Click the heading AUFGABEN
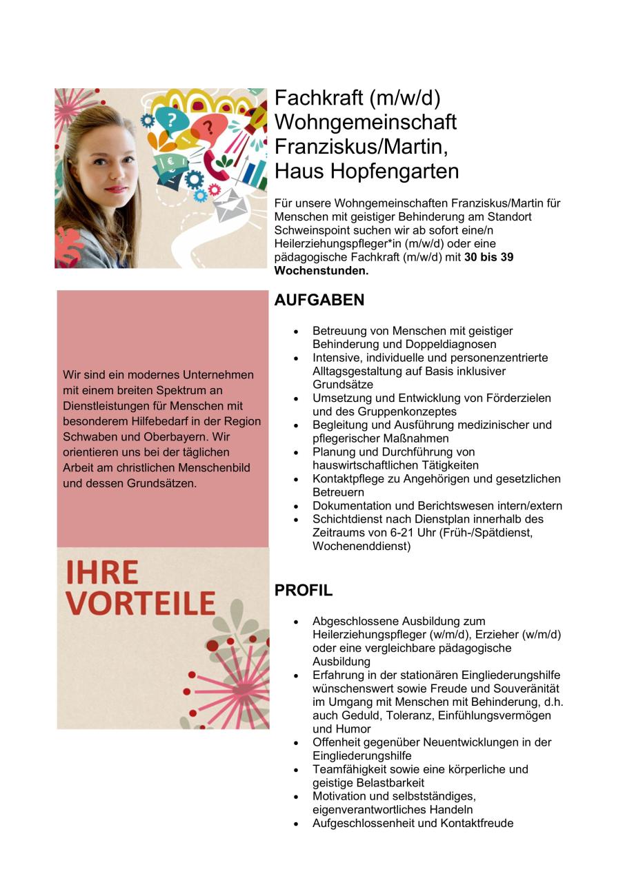(319, 300)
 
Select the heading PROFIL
(304, 591)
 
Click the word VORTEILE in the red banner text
(141, 603)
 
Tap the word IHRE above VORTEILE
(102, 573)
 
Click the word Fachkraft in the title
(319, 99)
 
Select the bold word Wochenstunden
(321, 271)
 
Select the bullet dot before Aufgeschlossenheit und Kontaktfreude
(297, 824)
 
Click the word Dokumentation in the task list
(349, 506)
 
